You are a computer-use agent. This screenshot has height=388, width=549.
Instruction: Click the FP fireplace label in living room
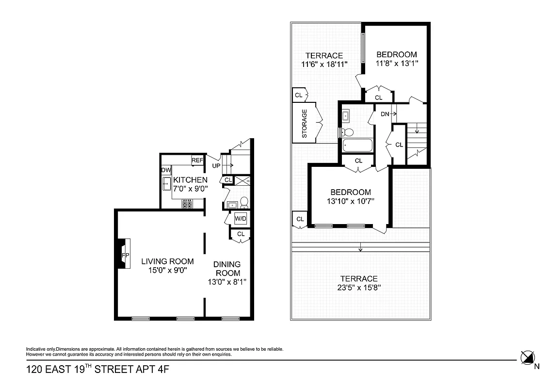click(125, 255)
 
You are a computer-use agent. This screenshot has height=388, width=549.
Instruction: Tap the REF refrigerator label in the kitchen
click(197, 160)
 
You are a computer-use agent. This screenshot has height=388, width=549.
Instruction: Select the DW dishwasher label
click(166, 170)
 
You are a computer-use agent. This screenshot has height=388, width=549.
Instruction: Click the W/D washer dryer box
click(241, 219)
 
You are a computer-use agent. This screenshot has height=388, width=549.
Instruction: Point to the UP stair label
click(217, 166)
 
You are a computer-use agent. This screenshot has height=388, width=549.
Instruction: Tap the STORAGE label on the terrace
click(305, 123)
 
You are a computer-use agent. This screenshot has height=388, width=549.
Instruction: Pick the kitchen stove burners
click(188, 204)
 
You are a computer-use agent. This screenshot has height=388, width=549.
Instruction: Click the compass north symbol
click(527, 357)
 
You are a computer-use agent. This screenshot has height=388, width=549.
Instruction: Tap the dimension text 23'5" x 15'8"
click(358, 288)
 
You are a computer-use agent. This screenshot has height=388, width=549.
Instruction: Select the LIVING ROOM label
click(167, 261)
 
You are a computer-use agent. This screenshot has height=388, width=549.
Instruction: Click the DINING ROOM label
click(227, 268)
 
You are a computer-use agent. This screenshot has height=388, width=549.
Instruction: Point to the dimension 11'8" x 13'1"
click(396, 64)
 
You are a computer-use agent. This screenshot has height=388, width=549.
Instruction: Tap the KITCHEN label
click(191, 180)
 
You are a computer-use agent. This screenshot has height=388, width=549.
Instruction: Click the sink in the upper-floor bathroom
click(346, 116)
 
